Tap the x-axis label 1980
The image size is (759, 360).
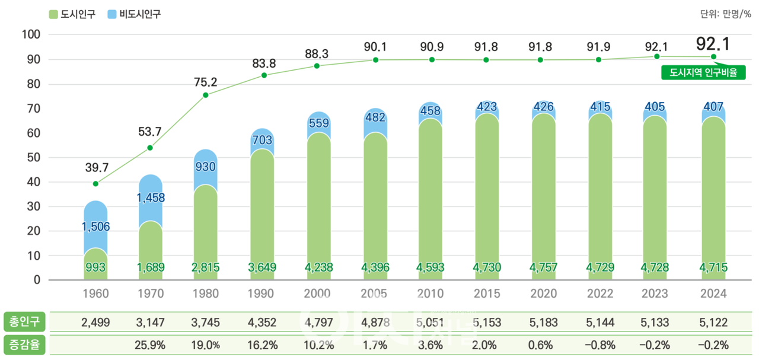click(x=205, y=294)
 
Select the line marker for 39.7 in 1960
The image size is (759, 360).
click(x=95, y=184)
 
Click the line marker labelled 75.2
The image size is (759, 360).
click(x=205, y=95)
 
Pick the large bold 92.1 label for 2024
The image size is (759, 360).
click(x=713, y=43)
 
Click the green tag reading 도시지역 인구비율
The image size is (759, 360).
click(x=703, y=73)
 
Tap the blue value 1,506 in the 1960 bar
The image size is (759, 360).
click(x=95, y=227)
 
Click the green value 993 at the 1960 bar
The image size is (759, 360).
click(x=95, y=267)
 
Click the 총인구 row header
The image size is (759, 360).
click(x=24, y=322)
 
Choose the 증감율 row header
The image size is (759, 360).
click(x=24, y=345)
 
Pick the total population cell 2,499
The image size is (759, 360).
click(x=95, y=323)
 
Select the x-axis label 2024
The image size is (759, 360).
click(x=713, y=294)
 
